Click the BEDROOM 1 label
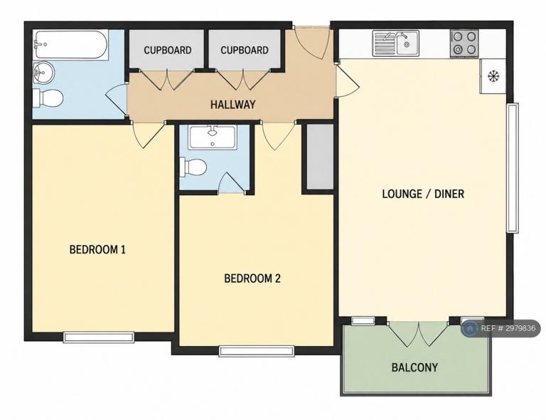(97, 250)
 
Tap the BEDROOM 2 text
(252, 278)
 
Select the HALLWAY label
(233, 104)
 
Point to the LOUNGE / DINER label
(423, 194)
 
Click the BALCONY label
(414, 367)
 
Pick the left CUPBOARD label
(168, 51)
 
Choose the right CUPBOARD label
(245, 51)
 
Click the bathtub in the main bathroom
(70, 46)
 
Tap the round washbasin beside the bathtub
(43, 73)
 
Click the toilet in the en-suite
(193, 167)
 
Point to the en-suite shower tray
(212, 137)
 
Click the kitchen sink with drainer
(395, 43)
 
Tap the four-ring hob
(464, 43)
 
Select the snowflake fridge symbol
(493, 76)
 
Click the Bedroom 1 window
(99, 337)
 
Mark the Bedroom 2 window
(257, 351)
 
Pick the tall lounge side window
(513, 168)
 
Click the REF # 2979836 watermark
(501, 328)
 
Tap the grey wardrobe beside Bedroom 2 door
(320, 157)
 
